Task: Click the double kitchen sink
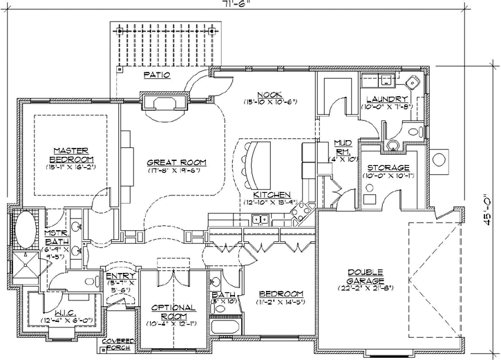[261, 220]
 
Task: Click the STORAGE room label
[388, 167]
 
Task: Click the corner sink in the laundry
[413, 82]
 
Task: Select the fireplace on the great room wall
[165, 103]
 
